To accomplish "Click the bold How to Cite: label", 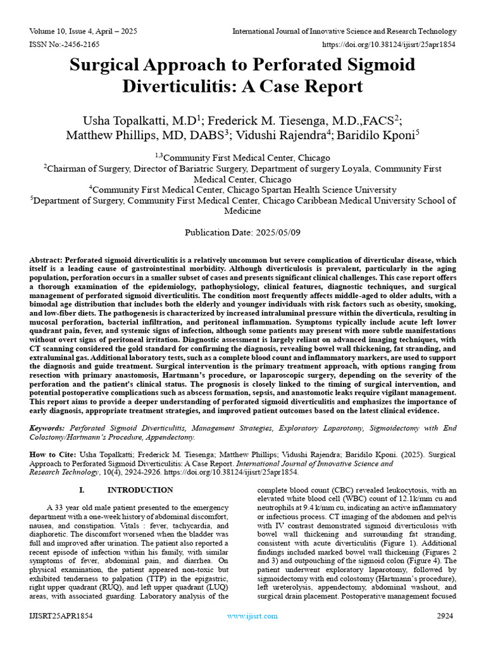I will coord(54,455).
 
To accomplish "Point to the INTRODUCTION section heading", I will coord(140,490).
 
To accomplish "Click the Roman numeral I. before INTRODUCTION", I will coord(82,490).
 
